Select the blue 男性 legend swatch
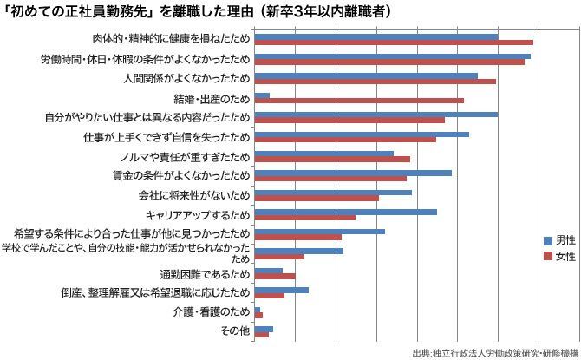[x=547, y=239]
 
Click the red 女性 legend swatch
[x=547, y=256]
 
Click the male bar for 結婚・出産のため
[x=262, y=95]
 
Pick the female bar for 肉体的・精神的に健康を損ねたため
[x=394, y=43]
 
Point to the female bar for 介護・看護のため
[x=258, y=315]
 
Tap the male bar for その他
[x=264, y=329]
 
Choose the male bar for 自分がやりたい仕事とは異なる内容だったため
[x=376, y=115]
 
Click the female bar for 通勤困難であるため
[x=275, y=277]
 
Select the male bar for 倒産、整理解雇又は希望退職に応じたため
[x=281, y=290]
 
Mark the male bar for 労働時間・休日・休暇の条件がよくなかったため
[x=393, y=56]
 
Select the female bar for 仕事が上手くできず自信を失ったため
[x=345, y=140]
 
